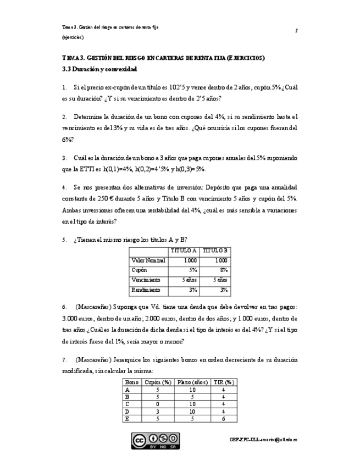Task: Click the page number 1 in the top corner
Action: [296, 31]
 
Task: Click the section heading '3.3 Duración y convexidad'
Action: [99, 69]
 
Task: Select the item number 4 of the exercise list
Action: [64, 187]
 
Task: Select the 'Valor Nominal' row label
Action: [148, 260]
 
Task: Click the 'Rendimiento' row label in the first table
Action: [146, 290]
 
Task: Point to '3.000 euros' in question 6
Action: [76, 319]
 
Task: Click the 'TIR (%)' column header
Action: [223, 382]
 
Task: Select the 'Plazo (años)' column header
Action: [192, 382]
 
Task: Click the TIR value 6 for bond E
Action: [223, 418]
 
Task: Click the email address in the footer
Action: [263, 440]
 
